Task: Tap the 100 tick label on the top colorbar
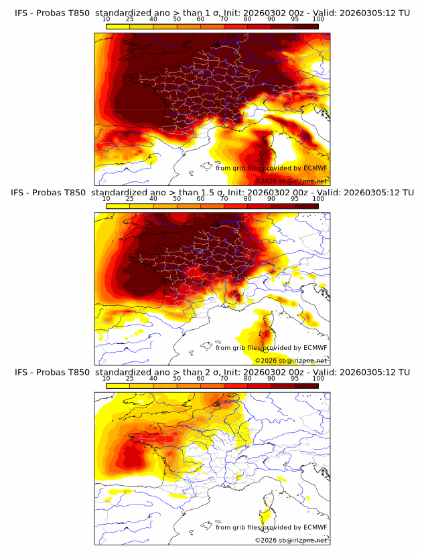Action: pos(318,19)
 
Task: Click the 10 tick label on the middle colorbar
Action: pos(106,199)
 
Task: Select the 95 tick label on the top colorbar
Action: pos(295,19)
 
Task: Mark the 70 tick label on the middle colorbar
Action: pos(224,199)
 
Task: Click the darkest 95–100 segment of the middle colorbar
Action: pos(307,206)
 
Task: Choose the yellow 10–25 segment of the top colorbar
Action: pos(117,26)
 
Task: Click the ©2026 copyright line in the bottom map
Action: pos(291,541)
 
